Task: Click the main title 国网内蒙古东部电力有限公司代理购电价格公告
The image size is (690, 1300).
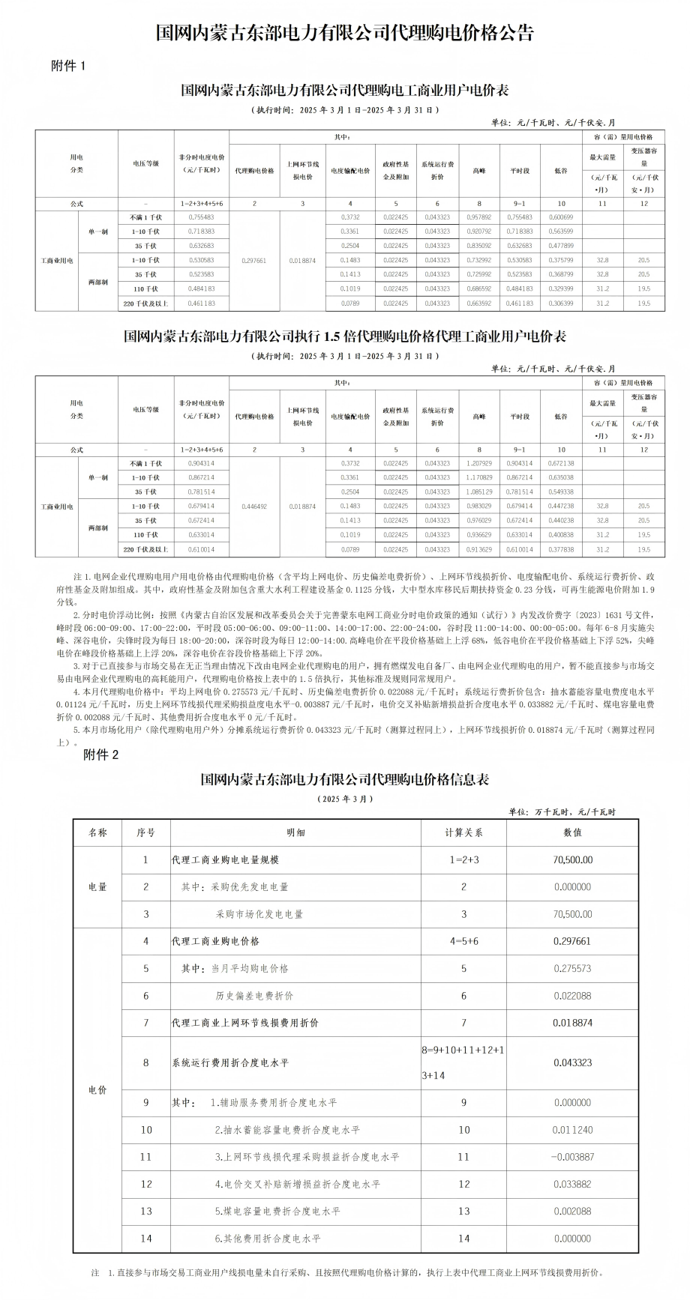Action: [x=345, y=33]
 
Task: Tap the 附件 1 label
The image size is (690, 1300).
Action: [x=69, y=66]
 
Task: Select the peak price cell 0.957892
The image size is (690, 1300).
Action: [x=479, y=217]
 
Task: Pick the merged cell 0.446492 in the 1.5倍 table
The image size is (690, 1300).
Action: [x=254, y=507]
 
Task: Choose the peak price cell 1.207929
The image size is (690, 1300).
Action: [x=479, y=464]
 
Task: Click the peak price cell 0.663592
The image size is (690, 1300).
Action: [x=479, y=303]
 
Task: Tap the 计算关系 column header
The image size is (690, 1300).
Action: [x=463, y=832]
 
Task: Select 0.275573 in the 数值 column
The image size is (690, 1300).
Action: [x=572, y=969]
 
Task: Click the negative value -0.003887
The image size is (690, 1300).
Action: [x=572, y=1157]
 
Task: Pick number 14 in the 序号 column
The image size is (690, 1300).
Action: [x=146, y=1239]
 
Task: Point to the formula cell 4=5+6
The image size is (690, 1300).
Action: [x=463, y=941]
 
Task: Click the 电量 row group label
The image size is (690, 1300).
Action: [x=97, y=887]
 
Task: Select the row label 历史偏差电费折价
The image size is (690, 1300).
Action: [x=254, y=996]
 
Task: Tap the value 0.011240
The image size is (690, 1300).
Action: [x=572, y=1130]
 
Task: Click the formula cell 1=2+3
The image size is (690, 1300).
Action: [x=463, y=860]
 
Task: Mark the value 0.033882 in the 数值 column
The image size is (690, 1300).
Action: [x=572, y=1184]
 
